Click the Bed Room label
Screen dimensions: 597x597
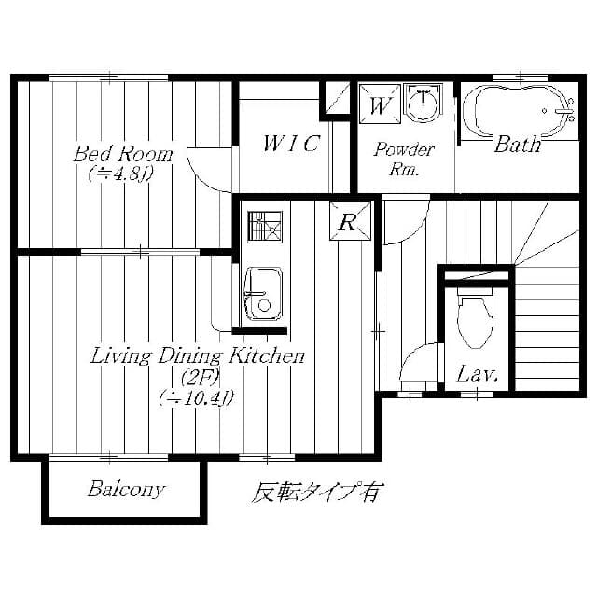click(123, 153)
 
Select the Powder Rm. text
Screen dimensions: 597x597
click(404, 159)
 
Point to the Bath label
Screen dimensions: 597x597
click(517, 145)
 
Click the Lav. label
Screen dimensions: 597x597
click(477, 375)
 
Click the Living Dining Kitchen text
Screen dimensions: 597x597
click(197, 356)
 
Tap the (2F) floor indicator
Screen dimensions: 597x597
click(197, 377)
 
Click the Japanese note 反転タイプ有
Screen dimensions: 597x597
click(316, 492)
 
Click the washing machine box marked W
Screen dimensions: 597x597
click(380, 103)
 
